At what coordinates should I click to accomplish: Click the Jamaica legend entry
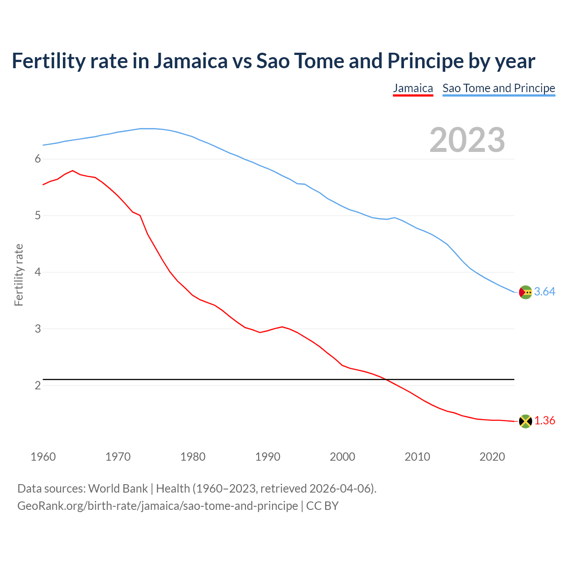point(413,88)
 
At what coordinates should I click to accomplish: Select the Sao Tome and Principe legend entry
point(499,88)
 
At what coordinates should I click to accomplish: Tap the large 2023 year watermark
point(467,140)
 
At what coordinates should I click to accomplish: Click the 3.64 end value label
point(544,291)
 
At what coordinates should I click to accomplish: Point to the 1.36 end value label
point(544,420)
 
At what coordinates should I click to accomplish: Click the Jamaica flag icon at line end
point(525,421)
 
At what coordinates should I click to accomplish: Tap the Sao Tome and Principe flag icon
point(525,292)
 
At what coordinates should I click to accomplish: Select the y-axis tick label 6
point(38,159)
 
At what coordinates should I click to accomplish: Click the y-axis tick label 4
point(38,272)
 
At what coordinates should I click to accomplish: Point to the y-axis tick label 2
point(38,385)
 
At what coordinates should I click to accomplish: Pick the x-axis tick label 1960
point(43,457)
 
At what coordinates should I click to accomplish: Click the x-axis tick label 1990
point(268,457)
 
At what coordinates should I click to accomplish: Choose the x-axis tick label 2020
point(492,457)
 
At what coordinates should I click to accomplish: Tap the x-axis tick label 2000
point(342,457)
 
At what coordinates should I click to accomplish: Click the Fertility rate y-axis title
point(19,275)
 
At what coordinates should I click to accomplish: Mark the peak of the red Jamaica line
point(73,171)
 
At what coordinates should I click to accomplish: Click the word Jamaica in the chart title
point(190,61)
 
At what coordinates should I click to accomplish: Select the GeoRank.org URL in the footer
point(157,505)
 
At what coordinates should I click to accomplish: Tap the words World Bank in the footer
point(118,489)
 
